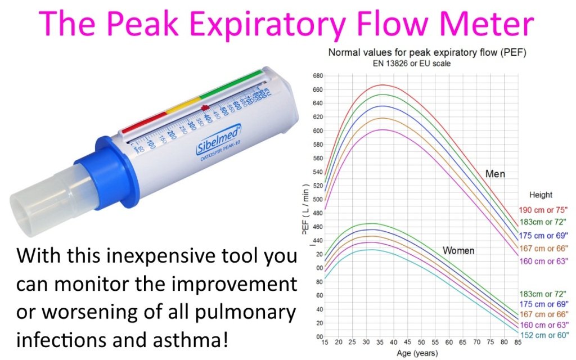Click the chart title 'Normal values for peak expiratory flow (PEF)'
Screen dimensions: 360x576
click(424, 53)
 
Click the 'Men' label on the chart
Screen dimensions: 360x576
click(495, 174)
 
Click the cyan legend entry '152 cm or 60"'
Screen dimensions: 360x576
click(543, 336)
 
